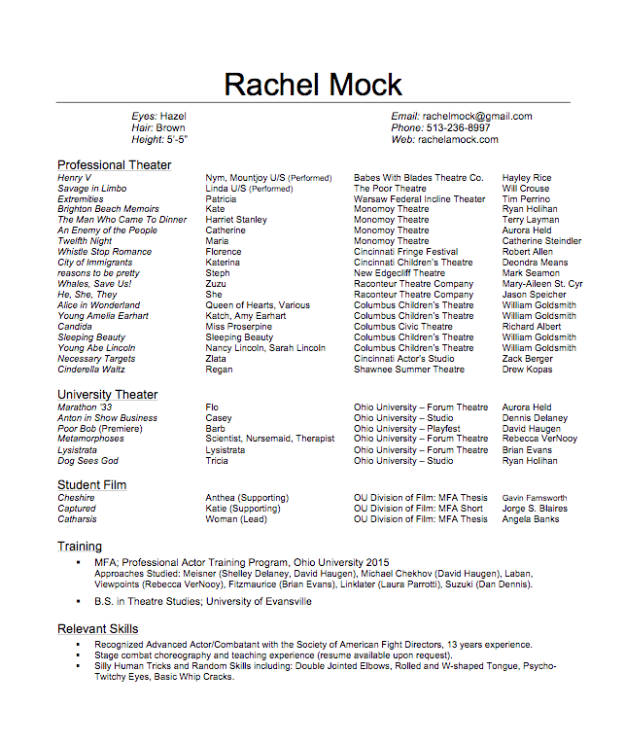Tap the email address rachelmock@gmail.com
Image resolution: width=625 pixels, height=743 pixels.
pos(476,117)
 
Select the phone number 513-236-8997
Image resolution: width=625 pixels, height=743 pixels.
pos(456,128)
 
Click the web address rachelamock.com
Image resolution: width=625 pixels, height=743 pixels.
pos(458,140)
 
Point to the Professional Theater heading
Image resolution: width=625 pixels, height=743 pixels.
pos(114,165)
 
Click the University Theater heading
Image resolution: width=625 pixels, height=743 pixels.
pos(107,395)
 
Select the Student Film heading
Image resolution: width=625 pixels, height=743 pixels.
pos(92,485)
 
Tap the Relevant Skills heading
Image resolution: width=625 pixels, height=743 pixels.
pos(97,629)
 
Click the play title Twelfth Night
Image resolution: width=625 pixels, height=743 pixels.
pos(85,241)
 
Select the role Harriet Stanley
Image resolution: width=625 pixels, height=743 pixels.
pos(236,220)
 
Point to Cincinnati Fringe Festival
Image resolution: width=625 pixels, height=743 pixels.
pos(405,252)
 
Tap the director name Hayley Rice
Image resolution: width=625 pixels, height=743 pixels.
pos(527,178)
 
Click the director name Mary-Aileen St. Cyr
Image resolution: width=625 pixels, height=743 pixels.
pos(541,284)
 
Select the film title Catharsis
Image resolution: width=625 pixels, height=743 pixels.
pos(77,519)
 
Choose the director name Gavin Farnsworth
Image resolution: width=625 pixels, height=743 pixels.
pos(535,498)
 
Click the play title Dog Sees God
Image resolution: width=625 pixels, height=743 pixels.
pos(87,461)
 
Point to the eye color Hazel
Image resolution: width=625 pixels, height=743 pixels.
pos(173,117)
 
